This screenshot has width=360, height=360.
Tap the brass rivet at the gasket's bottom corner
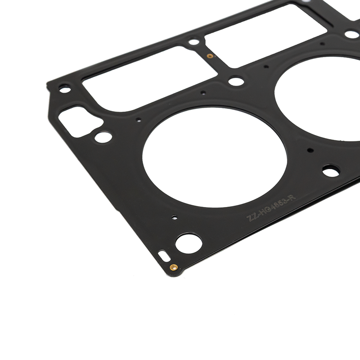[173, 267]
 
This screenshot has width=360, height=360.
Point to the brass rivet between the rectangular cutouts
[209, 56]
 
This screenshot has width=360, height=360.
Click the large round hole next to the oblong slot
[188, 243]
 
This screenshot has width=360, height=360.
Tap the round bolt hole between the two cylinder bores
[236, 81]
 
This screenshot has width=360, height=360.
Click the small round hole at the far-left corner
[65, 90]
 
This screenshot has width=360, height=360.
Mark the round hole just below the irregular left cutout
[103, 137]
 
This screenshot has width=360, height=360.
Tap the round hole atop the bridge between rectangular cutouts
[194, 42]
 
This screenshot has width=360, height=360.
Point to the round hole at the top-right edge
[351, 34]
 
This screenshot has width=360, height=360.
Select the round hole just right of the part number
[331, 171]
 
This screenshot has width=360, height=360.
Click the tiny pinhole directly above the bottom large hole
[175, 217]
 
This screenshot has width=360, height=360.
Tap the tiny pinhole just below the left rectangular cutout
[203, 93]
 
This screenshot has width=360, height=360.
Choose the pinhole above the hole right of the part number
[310, 150]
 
